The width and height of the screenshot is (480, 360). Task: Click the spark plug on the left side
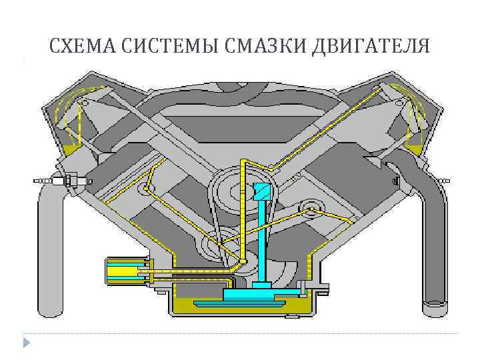click(60, 180)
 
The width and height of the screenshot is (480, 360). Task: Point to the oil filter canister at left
click(127, 271)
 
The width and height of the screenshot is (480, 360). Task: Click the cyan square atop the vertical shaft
click(261, 191)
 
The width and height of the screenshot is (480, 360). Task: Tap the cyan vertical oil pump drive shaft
click(263, 240)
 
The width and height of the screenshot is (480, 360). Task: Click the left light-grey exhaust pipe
click(51, 253)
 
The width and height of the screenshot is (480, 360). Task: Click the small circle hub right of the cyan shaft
click(311, 211)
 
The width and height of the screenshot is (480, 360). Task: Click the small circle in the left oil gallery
click(146, 189)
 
